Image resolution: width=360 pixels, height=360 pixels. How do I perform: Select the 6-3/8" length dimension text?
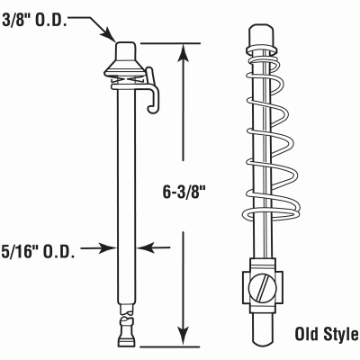pos(186,192)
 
